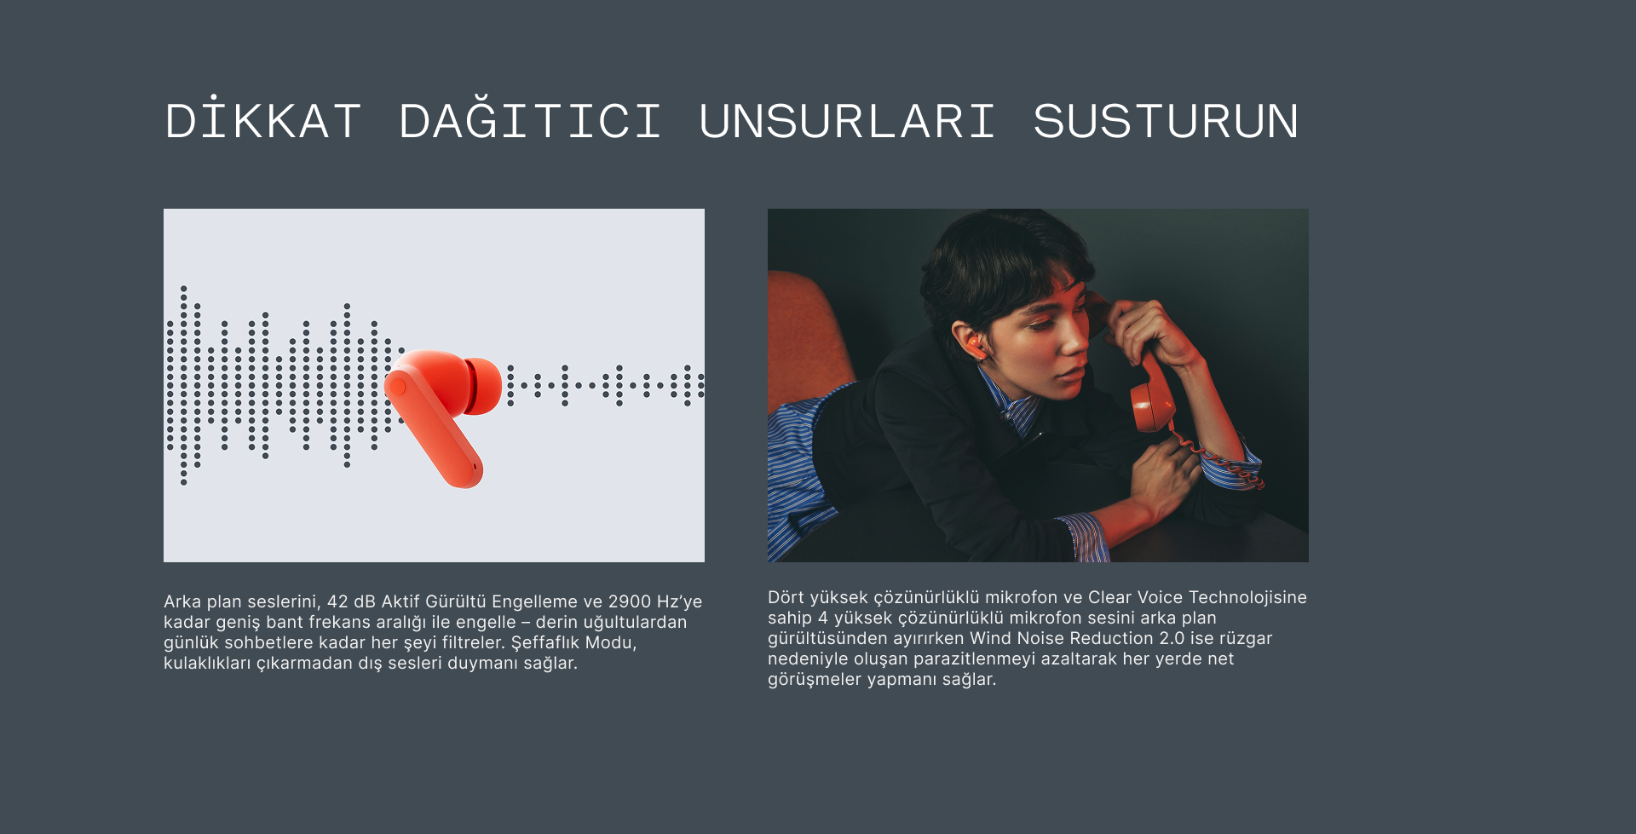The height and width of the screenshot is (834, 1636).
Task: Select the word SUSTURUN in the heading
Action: pos(1166,121)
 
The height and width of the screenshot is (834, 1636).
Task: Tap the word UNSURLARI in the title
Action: pos(847,121)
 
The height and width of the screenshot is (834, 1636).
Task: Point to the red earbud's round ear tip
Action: pos(484,386)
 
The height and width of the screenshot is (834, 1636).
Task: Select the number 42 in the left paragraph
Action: pos(337,601)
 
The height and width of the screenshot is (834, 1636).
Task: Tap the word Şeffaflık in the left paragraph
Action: pos(545,643)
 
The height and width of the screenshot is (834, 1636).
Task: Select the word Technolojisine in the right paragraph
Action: pos(1247,597)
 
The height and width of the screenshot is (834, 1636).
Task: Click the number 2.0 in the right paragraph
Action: pos(1172,638)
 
